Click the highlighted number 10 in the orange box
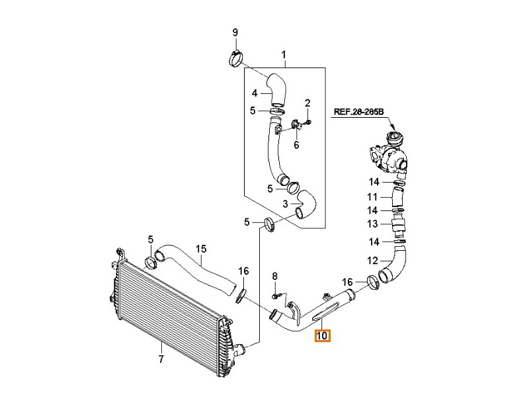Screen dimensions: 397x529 click(323, 336)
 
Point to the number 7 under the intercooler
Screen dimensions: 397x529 click(161, 361)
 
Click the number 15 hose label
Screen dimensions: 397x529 click(201, 249)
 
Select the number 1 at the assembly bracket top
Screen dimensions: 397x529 click(284, 54)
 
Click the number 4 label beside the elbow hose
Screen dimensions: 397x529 click(253, 93)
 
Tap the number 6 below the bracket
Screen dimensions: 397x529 click(296, 145)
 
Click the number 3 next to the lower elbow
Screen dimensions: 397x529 click(284, 204)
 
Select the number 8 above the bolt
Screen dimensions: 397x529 click(276, 275)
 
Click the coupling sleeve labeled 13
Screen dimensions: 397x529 click(399, 226)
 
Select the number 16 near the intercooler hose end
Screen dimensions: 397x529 click(243, 271)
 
